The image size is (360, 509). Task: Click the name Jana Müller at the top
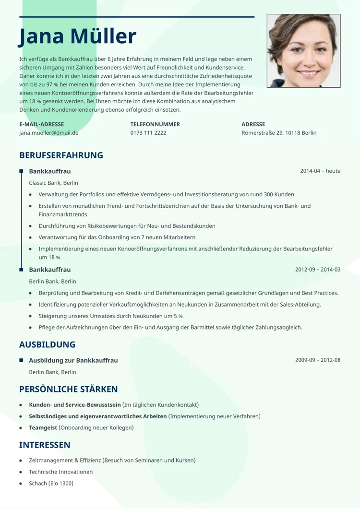[78, 37]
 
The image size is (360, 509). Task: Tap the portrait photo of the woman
[303, 51]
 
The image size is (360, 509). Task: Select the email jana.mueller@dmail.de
[48, 133]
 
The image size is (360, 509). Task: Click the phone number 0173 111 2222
[148, 133]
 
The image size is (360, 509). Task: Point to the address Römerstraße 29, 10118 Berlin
[279, 133]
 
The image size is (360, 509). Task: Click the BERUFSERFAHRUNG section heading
[61, 155]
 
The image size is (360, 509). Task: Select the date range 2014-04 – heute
[320, 171]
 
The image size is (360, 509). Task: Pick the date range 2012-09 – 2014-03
[318, 270]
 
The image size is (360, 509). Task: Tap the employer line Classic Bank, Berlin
[53, 183]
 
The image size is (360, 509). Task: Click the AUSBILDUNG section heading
[47, 344]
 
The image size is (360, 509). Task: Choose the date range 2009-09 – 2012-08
[318, 360]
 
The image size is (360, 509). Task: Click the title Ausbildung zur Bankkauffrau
[73, 360]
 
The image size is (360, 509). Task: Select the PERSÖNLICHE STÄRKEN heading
[68, 389]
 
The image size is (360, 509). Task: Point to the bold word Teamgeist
[43, 427]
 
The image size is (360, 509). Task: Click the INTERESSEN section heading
[45, 445]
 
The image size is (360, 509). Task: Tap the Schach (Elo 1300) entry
[51, 483]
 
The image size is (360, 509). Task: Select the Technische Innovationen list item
[60, 472]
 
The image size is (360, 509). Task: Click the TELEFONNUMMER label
[155, 124]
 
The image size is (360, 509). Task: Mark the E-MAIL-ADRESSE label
[41, 124]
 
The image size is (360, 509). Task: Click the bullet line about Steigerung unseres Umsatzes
[110, 316]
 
